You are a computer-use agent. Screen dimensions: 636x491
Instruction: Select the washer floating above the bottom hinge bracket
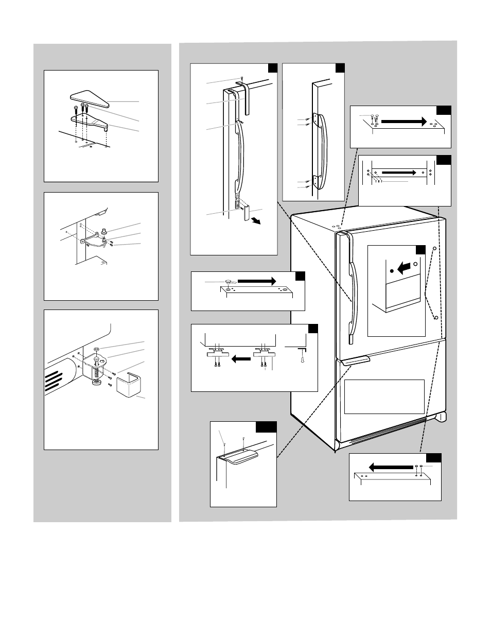[x=96, y=349]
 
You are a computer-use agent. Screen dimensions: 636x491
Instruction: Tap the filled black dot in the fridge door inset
[x=392, y=270]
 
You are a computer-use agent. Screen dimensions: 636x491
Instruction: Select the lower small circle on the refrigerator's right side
[x=436, y=318]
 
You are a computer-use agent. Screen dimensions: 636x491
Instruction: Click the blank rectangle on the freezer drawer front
[x=384, y=397]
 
